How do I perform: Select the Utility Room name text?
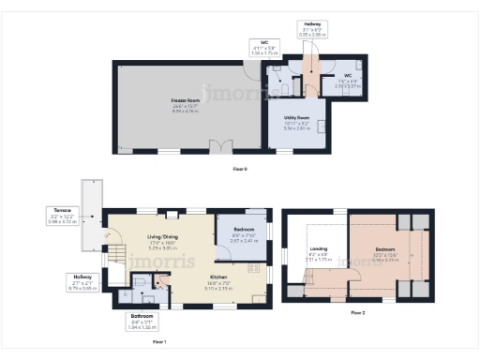tap(296, 118)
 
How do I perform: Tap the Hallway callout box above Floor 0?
tap(312, 28)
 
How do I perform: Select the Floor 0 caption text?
tap(240, 169)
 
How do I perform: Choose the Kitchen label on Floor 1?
tap(218, 278)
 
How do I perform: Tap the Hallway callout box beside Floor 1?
tap(81, 282)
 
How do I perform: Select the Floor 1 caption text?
tap(160, 343)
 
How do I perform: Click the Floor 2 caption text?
tap(359, 312)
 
